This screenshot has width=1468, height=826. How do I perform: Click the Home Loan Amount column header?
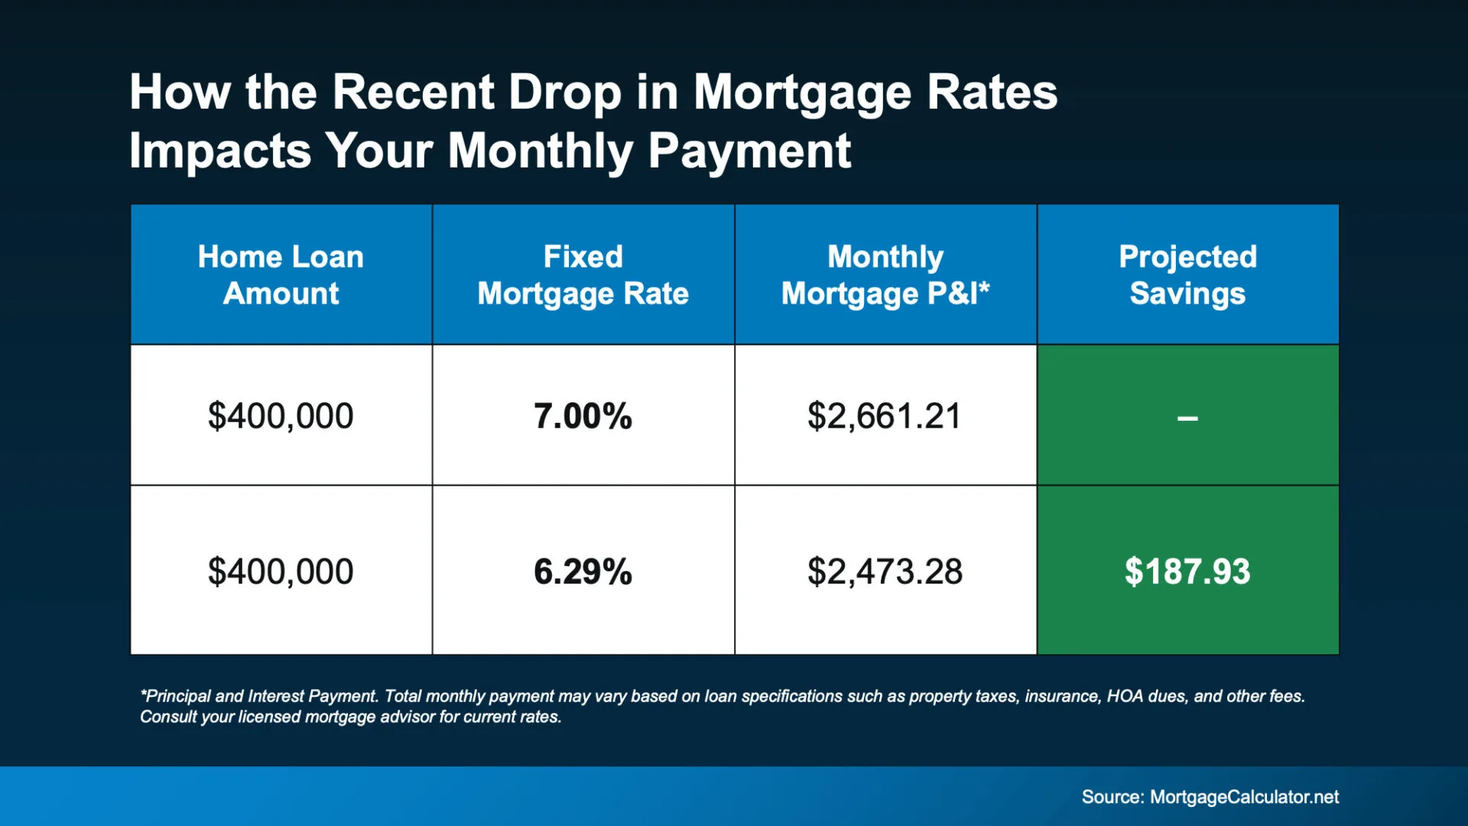281,275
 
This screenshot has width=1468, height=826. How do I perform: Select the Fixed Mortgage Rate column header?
583,275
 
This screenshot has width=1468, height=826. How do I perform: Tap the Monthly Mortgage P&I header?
885,275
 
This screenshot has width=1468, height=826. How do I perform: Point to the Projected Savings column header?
1188,275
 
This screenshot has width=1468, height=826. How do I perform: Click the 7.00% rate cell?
583,416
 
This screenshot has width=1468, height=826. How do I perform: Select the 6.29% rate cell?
583,571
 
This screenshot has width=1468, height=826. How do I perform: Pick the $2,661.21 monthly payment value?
885,416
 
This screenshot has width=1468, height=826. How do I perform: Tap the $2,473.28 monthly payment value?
885,571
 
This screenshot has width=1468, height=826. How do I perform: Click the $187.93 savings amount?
1187,571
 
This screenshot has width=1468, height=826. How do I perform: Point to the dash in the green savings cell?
1187,418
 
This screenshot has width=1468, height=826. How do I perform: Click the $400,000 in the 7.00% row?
281,416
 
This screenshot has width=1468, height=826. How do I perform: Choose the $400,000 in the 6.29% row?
281,571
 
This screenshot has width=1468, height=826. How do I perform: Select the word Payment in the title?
749,151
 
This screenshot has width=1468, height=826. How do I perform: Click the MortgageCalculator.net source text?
1244,797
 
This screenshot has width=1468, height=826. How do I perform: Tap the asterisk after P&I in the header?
985,288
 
